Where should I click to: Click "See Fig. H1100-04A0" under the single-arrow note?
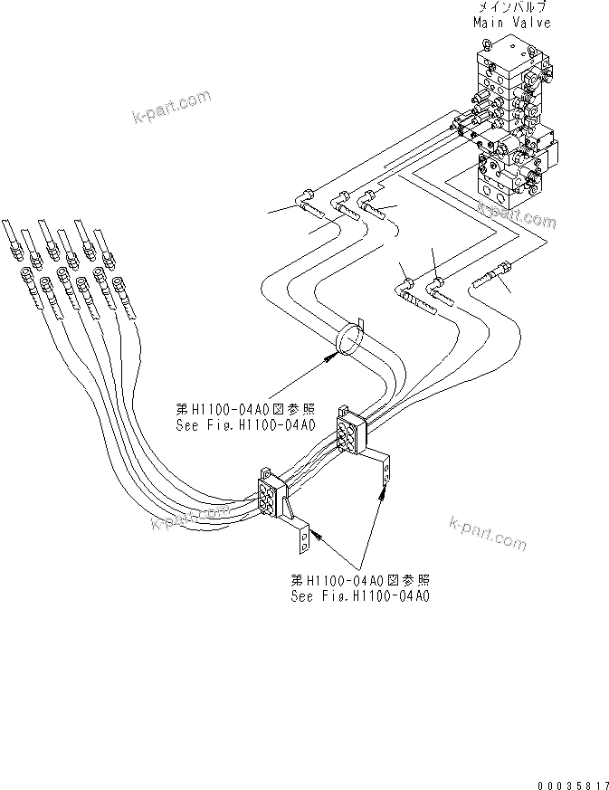click(246, 424)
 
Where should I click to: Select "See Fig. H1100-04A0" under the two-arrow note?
click(359, 596)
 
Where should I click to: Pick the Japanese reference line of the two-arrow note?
click(359, 581)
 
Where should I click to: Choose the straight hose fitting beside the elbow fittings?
click(492, 273)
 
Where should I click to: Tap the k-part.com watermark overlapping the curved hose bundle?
click(190, 518)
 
